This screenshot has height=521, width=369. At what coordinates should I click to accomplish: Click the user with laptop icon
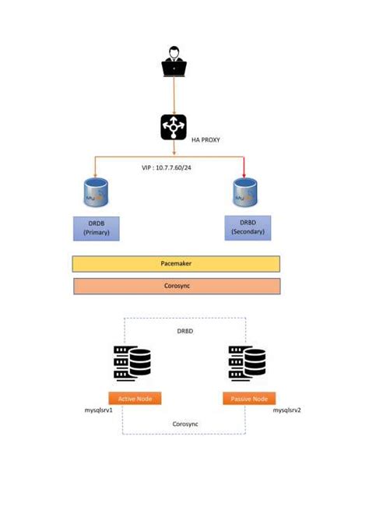click(x=174, y=62)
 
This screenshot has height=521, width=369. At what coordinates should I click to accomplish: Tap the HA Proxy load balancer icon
click(x=174, y=127)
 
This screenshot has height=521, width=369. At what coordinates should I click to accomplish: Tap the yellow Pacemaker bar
click(x=175, y=264)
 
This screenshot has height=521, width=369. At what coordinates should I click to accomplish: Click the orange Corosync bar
click(x=175, y=286)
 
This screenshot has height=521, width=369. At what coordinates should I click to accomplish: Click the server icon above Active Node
click(x=132, y=362)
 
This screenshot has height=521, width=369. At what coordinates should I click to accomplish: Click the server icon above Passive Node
click(x=247, y=362)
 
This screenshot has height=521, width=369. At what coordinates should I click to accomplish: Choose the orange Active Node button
click(x=135, y=398)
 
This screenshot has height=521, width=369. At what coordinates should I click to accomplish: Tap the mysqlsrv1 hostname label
click(x=99, y=410)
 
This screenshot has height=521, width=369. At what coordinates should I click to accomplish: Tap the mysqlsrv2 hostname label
click(x=286, y=410)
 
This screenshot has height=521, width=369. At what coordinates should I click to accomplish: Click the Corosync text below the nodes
click(x=184, y=424)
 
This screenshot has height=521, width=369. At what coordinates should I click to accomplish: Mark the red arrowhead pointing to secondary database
click(x=245, y=173)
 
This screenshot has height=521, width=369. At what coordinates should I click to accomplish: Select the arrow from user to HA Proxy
click(x=174, y=95)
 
